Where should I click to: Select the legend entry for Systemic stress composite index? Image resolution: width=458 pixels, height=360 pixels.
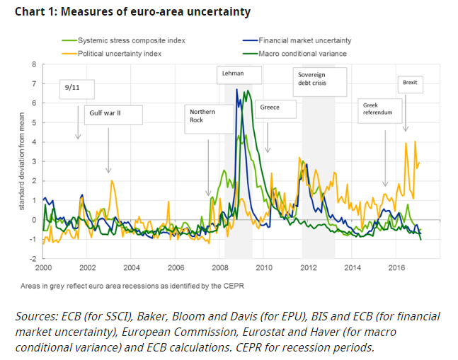[x=132, y=41]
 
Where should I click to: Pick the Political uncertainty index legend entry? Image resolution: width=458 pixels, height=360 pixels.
[x=121, y=52]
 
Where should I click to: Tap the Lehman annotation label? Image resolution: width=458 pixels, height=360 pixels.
[x=233, y=73]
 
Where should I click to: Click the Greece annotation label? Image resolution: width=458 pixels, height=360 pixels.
[x=270, y=108]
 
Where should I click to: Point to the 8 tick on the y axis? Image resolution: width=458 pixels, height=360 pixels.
[x=33, y=65]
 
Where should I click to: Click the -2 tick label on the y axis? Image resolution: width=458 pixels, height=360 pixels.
[x=32, y=259]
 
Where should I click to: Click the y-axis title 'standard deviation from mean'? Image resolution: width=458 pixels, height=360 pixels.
[x=21, y=161]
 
